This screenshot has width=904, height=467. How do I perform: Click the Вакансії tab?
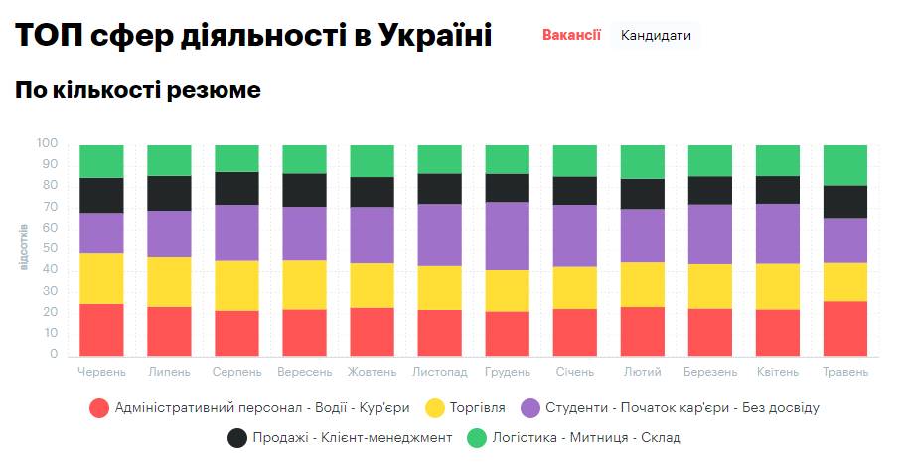click(x=571, y=35)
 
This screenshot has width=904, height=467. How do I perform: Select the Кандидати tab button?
click(x=656, y=35)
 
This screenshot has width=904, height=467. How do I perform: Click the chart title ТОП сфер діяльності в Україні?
click(x=253, y=36)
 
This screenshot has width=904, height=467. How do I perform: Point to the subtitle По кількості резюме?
click(x=138, y=90)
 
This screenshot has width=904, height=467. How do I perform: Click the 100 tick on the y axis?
click(x=48, y=144)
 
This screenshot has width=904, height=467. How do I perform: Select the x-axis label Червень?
click(x=101, y=372)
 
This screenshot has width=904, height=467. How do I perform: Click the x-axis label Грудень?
click(x=507, y=372)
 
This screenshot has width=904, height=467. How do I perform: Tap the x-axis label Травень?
click(x=844, y=372)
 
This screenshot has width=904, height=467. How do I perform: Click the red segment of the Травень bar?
click(x=845, y=329)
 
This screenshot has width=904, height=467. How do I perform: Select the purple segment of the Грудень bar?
click(x=507, y=235)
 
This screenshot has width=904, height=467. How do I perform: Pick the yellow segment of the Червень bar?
click(x=101, y=278)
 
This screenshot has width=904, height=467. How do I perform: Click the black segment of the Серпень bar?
click(x=236, y=188)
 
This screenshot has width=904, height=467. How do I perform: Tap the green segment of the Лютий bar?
click(x=642, y=161)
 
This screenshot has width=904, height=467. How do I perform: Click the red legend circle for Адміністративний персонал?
click(x=99, y=407)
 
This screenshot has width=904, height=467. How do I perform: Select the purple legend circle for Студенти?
click(x=531, y=407)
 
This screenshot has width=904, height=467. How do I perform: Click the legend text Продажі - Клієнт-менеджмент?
click(x=353, y=437)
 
